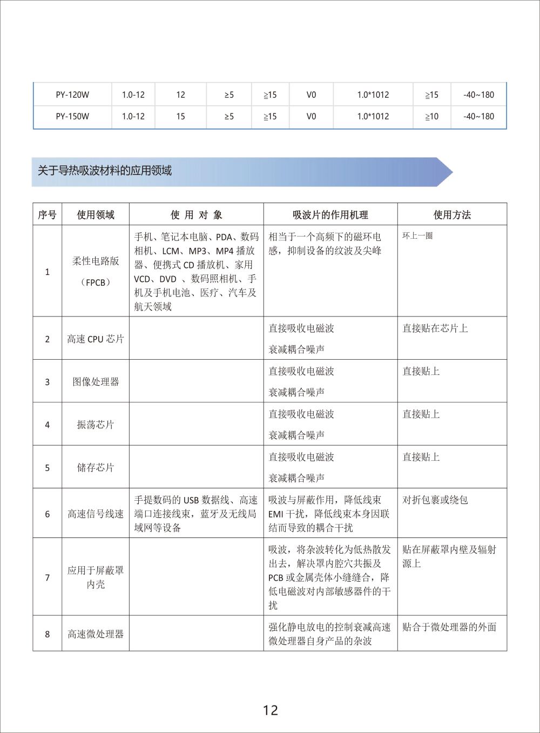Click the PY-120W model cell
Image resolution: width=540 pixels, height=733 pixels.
[x=72, y=95]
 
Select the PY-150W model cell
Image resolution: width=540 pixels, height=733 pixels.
[x=72, y=116]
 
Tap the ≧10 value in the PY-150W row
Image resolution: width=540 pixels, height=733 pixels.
[x=431, y=116]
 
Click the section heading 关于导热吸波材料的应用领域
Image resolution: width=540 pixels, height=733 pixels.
[x=105, y=171]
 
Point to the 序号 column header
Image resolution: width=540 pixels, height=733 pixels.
[x=47, y=215]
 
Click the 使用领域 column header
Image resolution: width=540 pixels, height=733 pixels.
[x=96, y=215]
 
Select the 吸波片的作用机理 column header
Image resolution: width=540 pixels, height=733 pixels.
[x=330, y=215]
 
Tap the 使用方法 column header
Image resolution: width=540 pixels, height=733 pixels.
[x=452, y=215]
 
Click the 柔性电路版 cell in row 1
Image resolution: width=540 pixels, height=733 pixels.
[x=96, y=261]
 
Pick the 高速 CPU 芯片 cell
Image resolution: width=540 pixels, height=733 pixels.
[x=96, y=339]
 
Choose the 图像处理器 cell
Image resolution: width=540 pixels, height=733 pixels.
[x=96, y=382]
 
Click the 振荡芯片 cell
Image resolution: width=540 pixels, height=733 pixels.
[x=96, y=425]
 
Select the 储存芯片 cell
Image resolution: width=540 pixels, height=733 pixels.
[x=96, y=468]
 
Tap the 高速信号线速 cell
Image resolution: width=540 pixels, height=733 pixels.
[x=96, y=514]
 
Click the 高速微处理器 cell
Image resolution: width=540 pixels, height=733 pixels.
[x=96, y=634]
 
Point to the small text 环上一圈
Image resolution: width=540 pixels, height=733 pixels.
[x=417, y=236]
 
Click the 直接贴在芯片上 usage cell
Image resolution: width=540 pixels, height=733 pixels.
[x=435, y=328]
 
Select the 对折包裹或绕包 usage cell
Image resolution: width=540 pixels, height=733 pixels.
[x=435, y=500]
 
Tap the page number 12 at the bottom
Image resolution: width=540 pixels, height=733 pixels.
[x=270, y=710]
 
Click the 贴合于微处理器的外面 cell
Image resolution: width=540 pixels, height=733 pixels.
[x=449, y=628]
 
